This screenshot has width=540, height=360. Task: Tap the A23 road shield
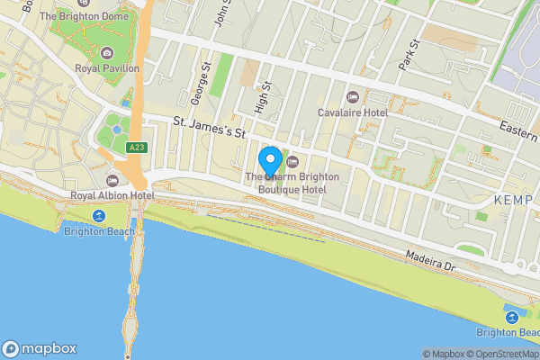pos(137,148)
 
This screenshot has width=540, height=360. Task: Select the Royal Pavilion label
pos(107,67)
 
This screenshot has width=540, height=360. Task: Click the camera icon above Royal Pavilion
pos(107,53)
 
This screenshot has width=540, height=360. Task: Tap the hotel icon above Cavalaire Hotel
pos(352,97)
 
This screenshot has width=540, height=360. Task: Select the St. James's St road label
pos(210,133)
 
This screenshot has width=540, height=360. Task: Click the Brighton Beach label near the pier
pos(99,231)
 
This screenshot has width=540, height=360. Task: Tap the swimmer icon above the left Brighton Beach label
pos(98,216)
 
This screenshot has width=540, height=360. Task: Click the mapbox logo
pos(40,349)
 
